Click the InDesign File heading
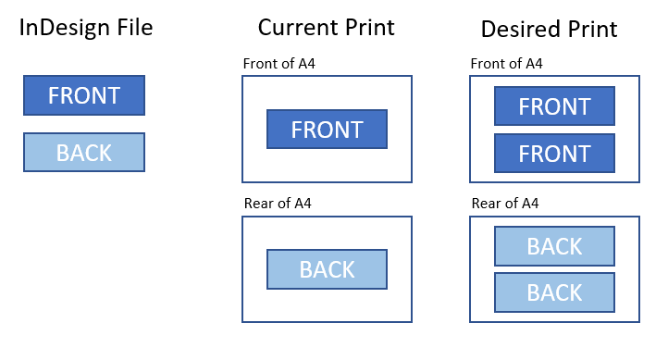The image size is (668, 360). pyautogui.click(x=86, y=28)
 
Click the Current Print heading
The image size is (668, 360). pyautogui.click(x=326, y=28)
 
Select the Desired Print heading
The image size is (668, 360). pyautogui.click(x=549, y=29)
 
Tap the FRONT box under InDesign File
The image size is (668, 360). pyautogui.click(x=84, y=95)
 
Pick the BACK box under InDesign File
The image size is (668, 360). pyautogui.click(x=84, y=153)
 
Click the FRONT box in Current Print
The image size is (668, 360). pyautogui.click(x=327, y=130)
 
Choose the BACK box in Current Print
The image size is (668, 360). pyautogui.click(x=327, y=269)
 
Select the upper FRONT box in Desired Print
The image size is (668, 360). pyautogui.click(x=554, y=106)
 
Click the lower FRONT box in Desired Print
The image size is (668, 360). pyautogui.click(x=554, y=154)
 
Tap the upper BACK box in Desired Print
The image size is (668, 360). pyautogui.click(x=554, y=247)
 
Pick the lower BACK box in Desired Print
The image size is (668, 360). pyautogui.click(x=554, y=292)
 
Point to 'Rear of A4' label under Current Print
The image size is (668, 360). pyautogui.click(x=278, y=204)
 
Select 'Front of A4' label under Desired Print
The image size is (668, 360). pyautogui.click(x=506, y=64)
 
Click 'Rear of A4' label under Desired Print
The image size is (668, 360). pyautogui.click(x=505, y=204)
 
